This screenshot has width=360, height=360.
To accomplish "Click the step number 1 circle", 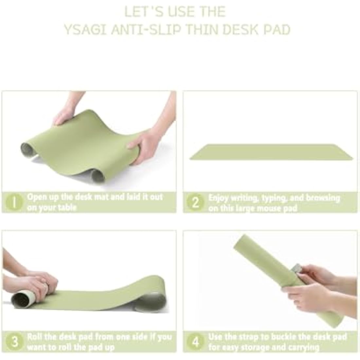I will point(14,202).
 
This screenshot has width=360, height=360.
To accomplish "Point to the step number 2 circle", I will point(195,202).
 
